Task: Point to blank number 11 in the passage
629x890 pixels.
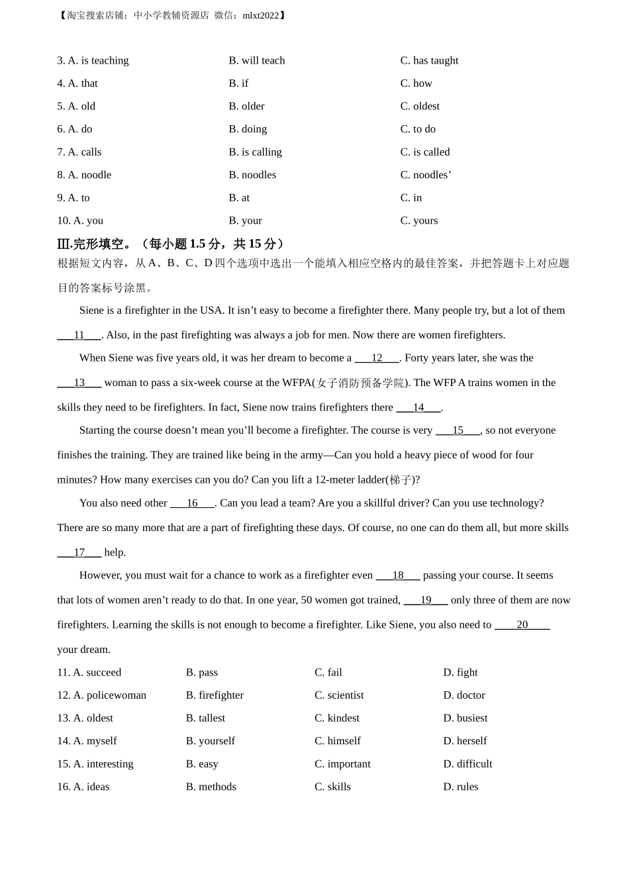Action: (79, 335)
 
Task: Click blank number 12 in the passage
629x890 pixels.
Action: (377, 358)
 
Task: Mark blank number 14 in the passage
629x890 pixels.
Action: (418, 407)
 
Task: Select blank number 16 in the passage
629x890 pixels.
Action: (192, 503)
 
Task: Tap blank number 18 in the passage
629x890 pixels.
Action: (398, 575)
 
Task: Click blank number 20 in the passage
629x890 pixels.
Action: (522, 624)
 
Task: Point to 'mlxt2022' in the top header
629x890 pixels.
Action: (261, 15)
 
